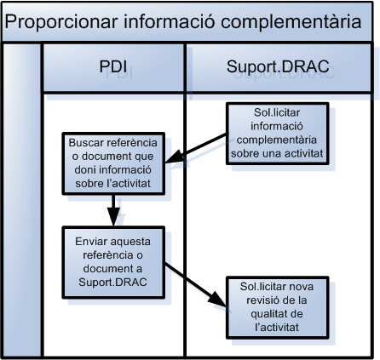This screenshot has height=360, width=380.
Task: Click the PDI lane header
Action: click(x=114, y=66)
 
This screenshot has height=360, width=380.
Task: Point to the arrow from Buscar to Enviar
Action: click(x=112, y=209)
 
